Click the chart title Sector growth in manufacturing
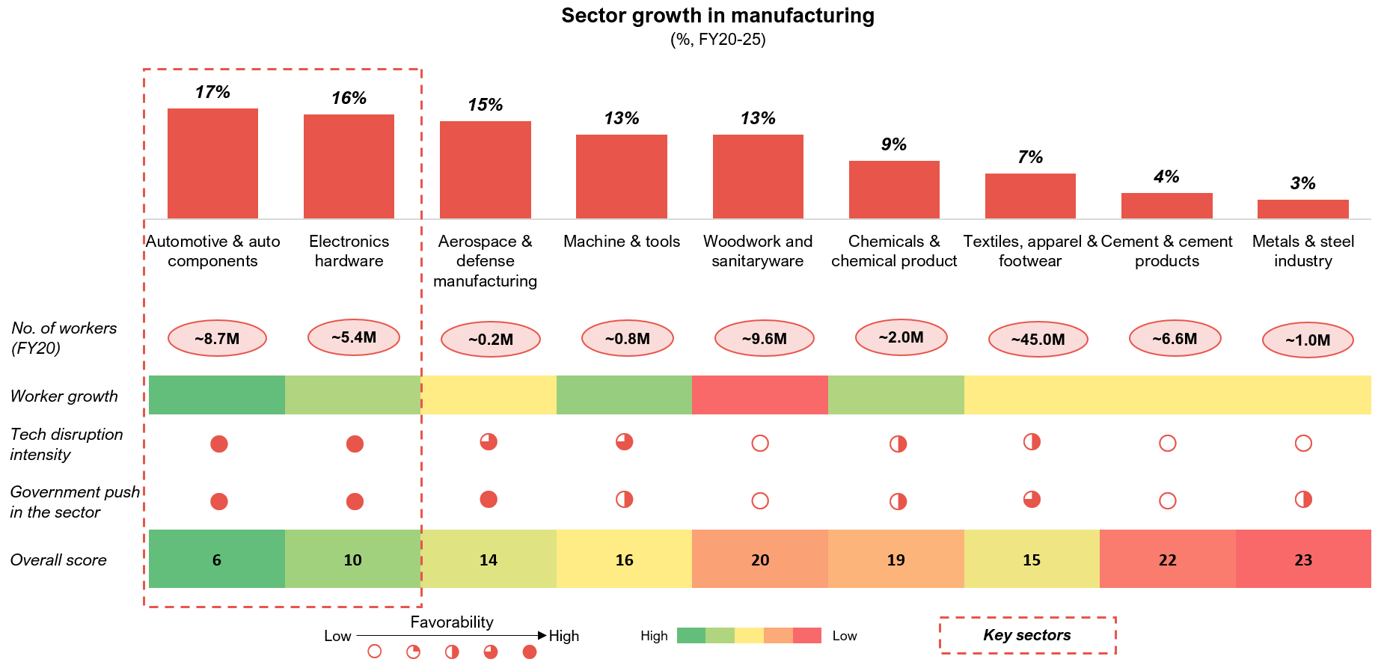point(717,16)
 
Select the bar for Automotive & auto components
point(212,163)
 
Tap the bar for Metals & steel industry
point(1302,209)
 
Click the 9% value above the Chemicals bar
point(894,144)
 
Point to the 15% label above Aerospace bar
point(485,105)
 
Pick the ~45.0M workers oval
point(1038,340)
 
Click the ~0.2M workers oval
point(490,340)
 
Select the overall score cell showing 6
point(217,560)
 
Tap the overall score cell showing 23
point(1303,560)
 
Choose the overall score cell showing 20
point(760,560)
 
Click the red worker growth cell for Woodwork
point(760,395)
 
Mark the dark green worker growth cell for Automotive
point(217,395)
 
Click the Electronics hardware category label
point(349,251)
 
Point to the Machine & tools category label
point(622,242)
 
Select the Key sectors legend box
point(1027,635)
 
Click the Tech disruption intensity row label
point(67,444)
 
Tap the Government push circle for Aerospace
point(489,500)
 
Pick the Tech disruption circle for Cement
point(1167,444)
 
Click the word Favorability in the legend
point(452,622)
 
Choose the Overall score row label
point(58,560)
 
